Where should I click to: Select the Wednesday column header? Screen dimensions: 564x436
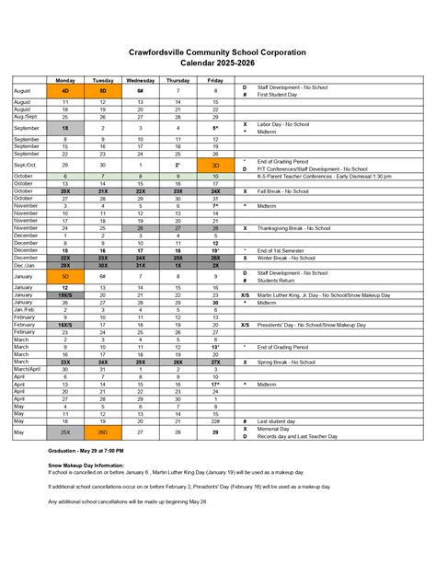(x=141, y=81)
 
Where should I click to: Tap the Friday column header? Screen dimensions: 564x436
(x=215, y=81)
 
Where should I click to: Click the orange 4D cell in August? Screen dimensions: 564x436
(x=65, y=91)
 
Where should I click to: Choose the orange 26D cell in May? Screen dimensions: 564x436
(x=103, y=432)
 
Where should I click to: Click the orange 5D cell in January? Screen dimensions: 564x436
(x=65, y=275)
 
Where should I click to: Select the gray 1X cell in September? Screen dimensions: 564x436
(x=65, y=128)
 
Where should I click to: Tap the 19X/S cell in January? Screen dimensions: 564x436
(x=65, y=294)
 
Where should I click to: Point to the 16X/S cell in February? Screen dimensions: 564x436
(x=65, y=325)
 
